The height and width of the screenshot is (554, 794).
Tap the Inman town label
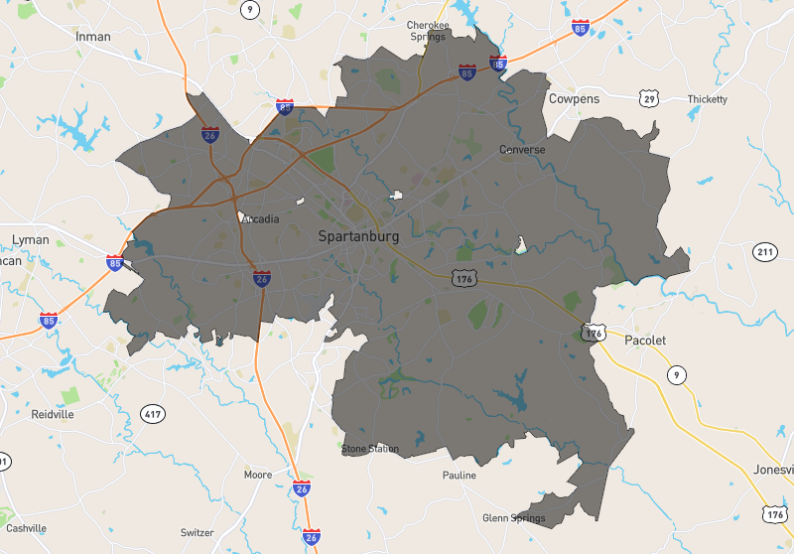[93, 37]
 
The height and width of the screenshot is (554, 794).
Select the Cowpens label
[574, 99]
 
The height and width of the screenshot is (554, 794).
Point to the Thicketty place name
[707, 99]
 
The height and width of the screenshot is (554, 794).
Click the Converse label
[522, 150]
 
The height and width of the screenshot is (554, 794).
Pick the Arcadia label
[260, 219]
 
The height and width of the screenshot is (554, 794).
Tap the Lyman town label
[30, 240]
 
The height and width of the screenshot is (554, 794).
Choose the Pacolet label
[645, 341]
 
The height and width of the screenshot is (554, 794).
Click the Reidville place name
[53, 414]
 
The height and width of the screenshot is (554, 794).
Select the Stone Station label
[370, 449]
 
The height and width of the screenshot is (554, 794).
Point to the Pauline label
[459, 476]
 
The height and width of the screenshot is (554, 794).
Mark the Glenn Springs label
[513, 518]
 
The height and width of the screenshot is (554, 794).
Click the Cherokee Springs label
[428, 31]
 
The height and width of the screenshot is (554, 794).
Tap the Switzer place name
[197, 533]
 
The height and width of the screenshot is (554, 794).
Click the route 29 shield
[649, 98]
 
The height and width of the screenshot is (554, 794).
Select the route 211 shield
[764, 252]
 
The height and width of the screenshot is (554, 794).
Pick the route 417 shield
[152, 413]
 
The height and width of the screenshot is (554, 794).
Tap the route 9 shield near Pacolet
[676, 375]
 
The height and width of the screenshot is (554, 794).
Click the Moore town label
[258, 476]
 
